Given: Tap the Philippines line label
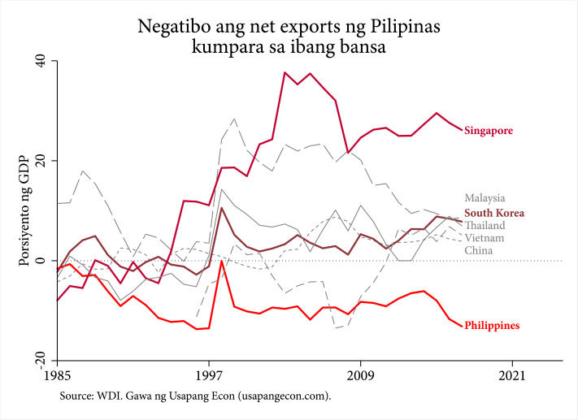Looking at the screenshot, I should coord(492,326).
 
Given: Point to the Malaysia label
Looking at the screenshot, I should coord(485,197).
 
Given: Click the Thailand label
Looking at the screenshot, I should coord(485,225).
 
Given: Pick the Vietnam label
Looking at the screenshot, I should coord(485,238).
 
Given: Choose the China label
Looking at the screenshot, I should coord(478,251).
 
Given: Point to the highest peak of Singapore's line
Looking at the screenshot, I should coord(285,72).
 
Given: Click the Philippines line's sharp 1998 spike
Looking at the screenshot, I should coord(222,284).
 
